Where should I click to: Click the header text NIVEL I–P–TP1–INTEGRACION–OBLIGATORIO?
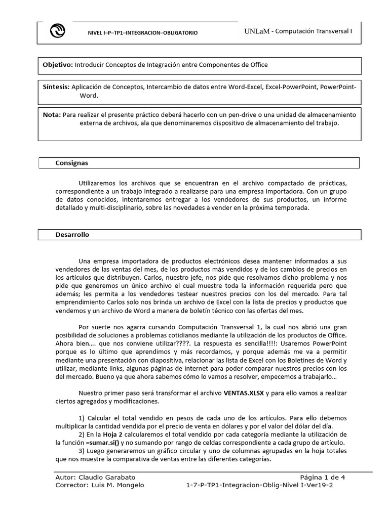click(x=143, y=33)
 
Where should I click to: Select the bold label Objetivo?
click(x=58, y=65)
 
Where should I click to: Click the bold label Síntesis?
click(x=56, y=87)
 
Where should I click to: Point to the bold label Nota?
click(x=52, y=115)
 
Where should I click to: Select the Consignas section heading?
click(x=71, y=163)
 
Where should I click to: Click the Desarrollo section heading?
click(x=72, y=235)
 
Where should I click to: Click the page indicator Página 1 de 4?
click(x=323, y=477)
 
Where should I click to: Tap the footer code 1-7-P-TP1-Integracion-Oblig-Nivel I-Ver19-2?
click(x=260, y=485)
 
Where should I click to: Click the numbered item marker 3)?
click(x=83, y=451)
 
